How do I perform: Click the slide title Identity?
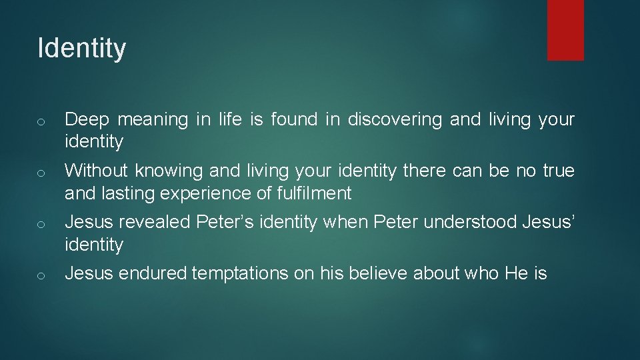click(x=81, y=49)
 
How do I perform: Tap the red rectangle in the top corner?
click(x=565, y=30)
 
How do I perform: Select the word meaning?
click(x=153, y=120)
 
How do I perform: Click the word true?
click(x=559, y=171)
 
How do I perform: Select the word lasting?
click(x=122, y=194)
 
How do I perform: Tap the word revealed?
click(x=150, y=222)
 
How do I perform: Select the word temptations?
click(x=241, y=273)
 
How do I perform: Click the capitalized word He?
click(x=516, y=273)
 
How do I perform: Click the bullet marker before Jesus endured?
click(x=41, y=275)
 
